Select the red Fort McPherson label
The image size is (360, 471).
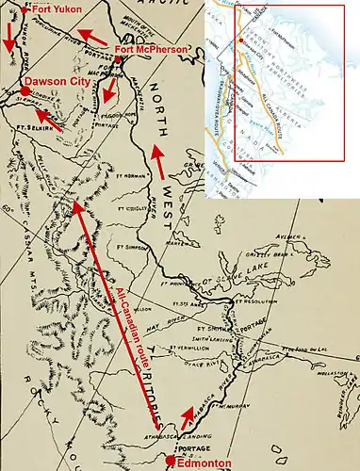[x=148, y=48]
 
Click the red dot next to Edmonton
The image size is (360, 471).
[x=170, y=460]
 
